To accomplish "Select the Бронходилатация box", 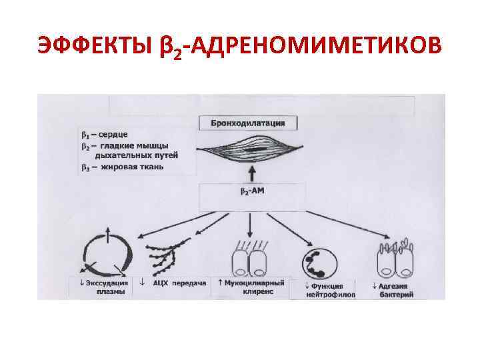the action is tap(248, 123).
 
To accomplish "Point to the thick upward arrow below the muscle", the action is tap(251, 174).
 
